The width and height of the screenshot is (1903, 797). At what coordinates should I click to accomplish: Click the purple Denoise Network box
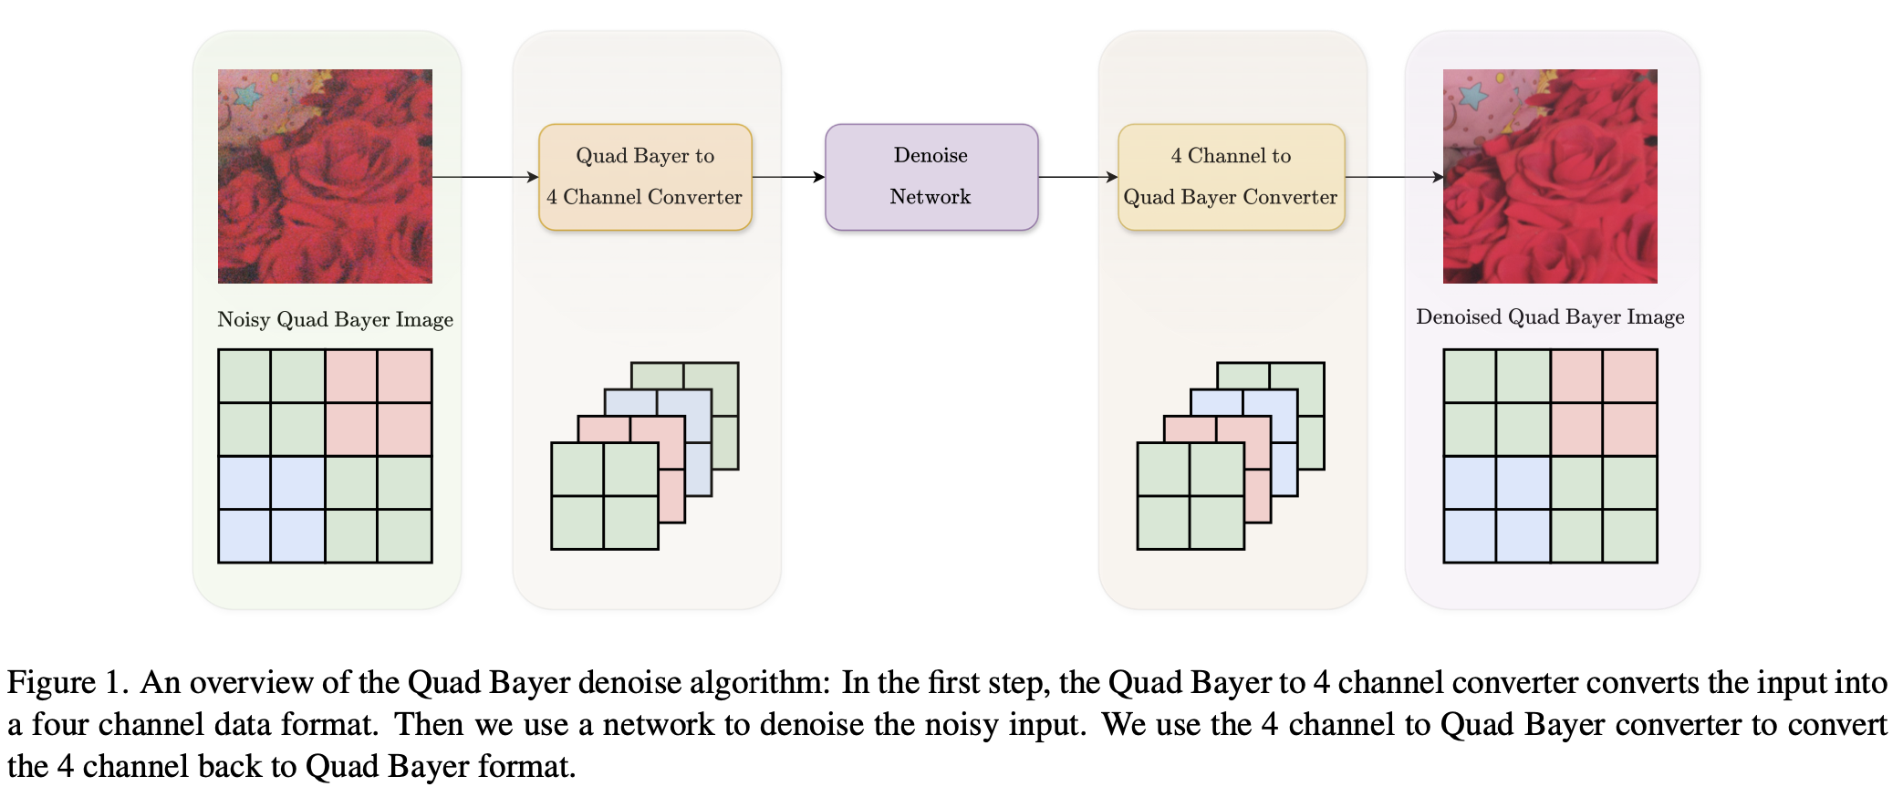coord(931,177)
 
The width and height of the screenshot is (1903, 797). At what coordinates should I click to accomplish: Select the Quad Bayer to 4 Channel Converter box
coord(645,177)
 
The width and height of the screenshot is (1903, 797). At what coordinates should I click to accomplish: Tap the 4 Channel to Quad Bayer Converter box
coord(1231,177)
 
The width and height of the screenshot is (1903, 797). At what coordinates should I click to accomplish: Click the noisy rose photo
coord(325,176)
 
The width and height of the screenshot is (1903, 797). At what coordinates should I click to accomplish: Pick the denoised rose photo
coord(1549,176)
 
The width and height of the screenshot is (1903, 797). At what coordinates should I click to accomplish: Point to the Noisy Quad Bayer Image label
coord(335,319)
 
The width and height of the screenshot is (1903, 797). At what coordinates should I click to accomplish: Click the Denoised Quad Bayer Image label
coord(1549,316)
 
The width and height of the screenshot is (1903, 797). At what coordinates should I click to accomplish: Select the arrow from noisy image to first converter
coord(484,177)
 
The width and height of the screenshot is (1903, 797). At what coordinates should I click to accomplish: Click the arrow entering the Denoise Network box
coord(788,177)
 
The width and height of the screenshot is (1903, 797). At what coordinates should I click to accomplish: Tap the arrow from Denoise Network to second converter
coord(1077,177)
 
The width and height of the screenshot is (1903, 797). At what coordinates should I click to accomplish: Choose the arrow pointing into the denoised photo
coord(1393,177)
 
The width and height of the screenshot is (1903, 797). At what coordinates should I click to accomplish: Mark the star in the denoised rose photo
coord(1472,95)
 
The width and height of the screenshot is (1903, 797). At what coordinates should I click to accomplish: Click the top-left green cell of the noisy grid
coord(244,376)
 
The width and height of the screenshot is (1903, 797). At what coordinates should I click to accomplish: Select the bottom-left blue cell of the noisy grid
coord(244,536)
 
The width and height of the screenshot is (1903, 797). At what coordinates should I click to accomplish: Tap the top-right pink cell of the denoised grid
coord(1630,376)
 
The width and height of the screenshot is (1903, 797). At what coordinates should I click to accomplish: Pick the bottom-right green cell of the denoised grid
coord(1630,536)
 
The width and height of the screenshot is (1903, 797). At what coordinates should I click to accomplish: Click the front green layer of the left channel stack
coord(604,496)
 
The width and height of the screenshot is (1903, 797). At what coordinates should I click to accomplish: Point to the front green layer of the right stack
coord(1190,496)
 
